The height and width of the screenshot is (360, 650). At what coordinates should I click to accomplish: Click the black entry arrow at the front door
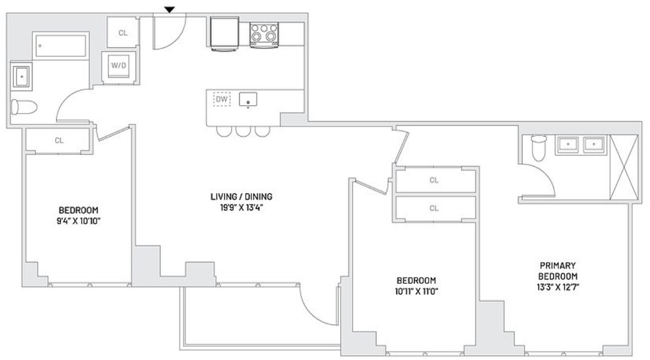click(169, 10)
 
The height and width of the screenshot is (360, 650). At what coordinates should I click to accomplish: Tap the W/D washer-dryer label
click(119, 65)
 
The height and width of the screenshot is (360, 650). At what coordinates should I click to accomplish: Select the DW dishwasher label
click(222, 99)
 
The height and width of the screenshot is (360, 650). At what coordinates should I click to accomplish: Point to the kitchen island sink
click(248, 100)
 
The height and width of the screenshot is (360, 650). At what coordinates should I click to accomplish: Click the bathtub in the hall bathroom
click(60, 46)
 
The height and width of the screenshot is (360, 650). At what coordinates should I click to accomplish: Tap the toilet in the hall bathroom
click(24, 107)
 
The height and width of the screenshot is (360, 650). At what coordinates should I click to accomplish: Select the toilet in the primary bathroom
click(539, 148)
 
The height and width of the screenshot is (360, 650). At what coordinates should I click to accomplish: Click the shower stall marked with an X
click(625, 168)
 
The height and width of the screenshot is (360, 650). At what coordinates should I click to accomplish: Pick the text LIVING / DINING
click(241, 197)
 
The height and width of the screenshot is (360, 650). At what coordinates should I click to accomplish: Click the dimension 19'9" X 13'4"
click(242, 208)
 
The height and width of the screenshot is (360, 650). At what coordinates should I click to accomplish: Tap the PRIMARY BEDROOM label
click(557, 271)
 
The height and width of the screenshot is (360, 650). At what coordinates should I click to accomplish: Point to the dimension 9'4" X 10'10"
click(79, 221)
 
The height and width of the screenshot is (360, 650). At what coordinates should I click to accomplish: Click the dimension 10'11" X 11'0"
click(416, 291)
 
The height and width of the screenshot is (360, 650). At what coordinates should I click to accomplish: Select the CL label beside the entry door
click(123, 33)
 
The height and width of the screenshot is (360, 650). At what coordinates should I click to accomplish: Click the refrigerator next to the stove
click(224, 34)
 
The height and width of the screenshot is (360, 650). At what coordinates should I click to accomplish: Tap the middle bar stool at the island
click(243, 131)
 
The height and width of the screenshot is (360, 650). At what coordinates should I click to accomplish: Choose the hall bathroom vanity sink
click(22, 76)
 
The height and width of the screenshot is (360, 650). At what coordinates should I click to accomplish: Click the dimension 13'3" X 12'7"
click(557, 287)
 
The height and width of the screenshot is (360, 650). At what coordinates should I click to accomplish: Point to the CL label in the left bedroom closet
click(59, 140)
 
